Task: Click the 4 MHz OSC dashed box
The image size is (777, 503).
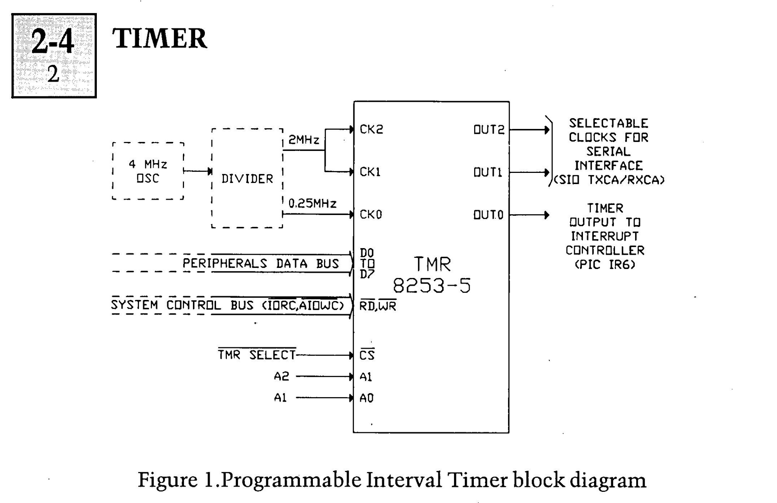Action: (x=148, y=171)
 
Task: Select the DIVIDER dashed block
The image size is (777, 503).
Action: (x=247, y=178)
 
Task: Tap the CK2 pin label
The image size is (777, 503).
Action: (x=371, y=129)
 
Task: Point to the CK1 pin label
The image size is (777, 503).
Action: (x=370, y=172)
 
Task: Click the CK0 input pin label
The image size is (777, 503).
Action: (x=371, y=215)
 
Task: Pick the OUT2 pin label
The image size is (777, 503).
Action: (x=489, y=130)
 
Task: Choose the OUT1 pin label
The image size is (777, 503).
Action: (x=488, y=172)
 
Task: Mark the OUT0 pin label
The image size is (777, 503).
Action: (x=488, y=215)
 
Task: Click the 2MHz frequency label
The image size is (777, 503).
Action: (x=304, y=140)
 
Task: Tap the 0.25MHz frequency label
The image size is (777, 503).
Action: (x=313, y=203)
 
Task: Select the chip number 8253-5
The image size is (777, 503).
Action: (x=432, y=286)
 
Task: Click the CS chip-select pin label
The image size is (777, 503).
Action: (x=367, y=355)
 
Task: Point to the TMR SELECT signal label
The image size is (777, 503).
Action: (x=257, y=355)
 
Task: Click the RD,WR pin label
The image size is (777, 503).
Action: (x=378, y=306)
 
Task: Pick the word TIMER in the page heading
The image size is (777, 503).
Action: (x=159, y=38)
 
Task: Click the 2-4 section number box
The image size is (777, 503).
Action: (x=54, y=56)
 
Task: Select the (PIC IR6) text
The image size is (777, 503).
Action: (x=605, y=265)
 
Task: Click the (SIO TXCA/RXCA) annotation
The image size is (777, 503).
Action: (x=609, y=180)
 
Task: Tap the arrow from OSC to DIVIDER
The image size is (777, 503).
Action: (x=198, y=171)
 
